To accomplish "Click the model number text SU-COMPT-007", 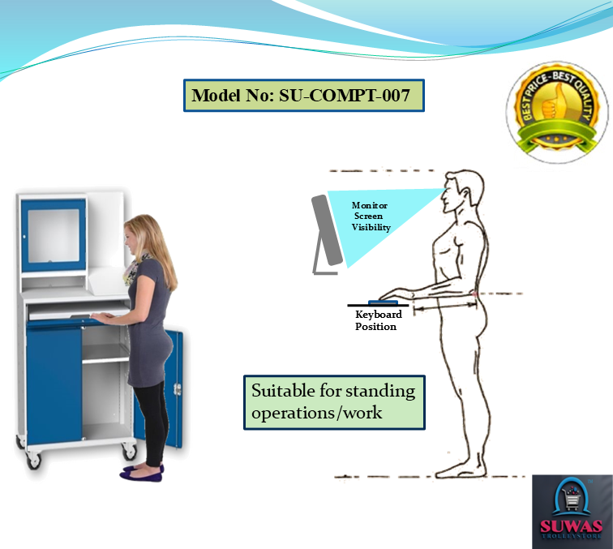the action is (x=344, y=96).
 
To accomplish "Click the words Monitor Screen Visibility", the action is (x=371, y=217).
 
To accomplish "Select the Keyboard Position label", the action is (x=378, y=320).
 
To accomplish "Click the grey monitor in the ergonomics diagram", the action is (x=327, y=234).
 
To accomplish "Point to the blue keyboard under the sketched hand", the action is (x=383, y=302).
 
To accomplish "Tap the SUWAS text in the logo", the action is (x=571, y=526).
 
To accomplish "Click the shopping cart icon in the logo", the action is (x=571, y=500).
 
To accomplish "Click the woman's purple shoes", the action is (x=142, y=472).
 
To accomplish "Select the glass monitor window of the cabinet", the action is (x=54, y=236).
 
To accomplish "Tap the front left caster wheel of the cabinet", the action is (x=33, y=460).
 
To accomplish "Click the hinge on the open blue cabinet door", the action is (x=178, y=389).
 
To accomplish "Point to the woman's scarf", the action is (x=134, y=268).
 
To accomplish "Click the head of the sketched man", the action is (x=463, y=191).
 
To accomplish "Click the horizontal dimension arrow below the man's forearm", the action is (x=445, y=309).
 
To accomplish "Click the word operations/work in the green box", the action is (x=317, y=413).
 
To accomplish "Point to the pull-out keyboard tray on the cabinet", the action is (x=78, y=311).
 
